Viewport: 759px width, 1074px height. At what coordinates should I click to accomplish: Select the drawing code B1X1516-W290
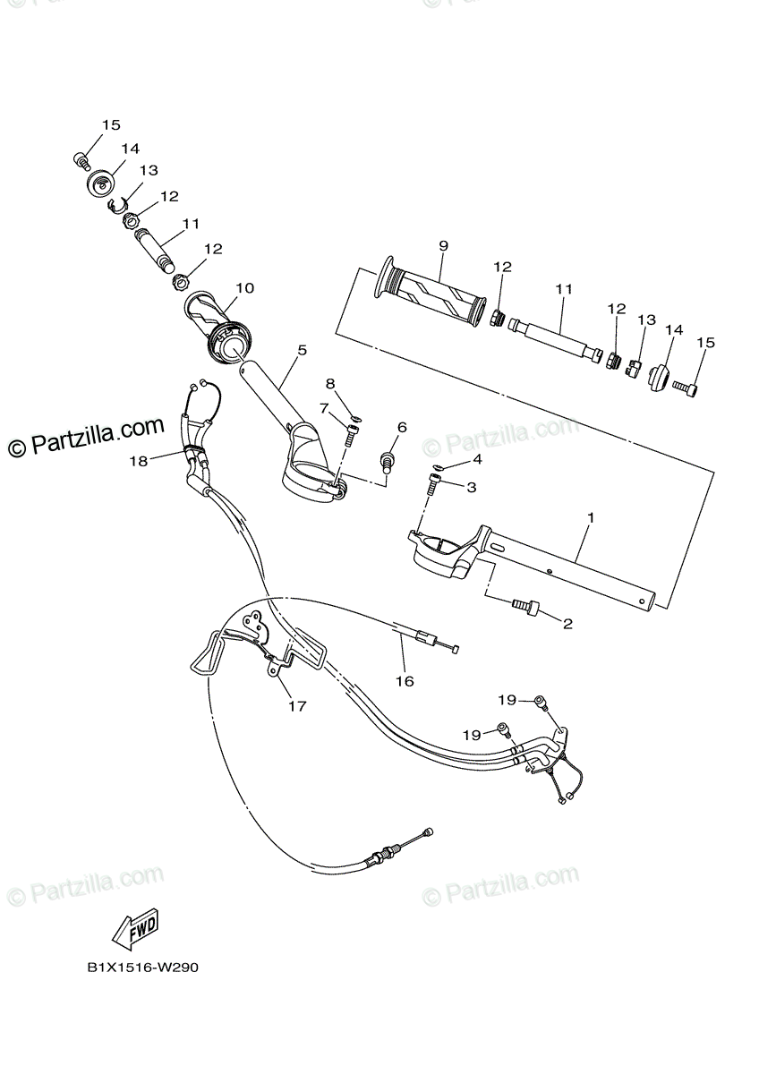click(x=142, y=968)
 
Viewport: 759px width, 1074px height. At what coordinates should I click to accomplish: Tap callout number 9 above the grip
click(x=443, y=245)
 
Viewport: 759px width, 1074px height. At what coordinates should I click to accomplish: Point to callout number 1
click(x=591, y=517)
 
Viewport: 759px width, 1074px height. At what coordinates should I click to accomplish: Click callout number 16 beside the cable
click(x=405, y=681)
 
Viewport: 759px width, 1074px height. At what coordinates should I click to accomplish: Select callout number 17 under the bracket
click(x=297, y=706)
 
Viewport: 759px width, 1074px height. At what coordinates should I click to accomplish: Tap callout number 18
click(x=138, y=461)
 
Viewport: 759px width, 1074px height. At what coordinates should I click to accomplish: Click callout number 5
click(x=302, y=350)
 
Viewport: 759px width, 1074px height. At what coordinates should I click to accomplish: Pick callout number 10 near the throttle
click(x=244, y=288)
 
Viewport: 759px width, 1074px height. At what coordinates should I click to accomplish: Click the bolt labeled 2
click(x=525, y=607)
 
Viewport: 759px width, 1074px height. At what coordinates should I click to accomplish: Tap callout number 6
click(x=402, y=427)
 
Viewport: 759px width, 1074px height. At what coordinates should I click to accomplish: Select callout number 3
click(x=471, y=487)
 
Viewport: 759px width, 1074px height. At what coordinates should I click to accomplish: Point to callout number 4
click(x=477, y=459)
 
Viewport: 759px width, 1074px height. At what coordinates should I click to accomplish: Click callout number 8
click(x=330, y=383)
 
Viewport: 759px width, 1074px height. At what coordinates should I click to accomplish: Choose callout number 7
click(x=325, y=408)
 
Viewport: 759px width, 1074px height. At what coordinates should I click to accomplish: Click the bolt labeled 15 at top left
click(x=81, y=159)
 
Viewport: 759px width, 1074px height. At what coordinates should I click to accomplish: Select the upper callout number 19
click(x=507, y=700)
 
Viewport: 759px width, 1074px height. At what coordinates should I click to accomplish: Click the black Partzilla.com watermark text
click(x=87, y=436)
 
